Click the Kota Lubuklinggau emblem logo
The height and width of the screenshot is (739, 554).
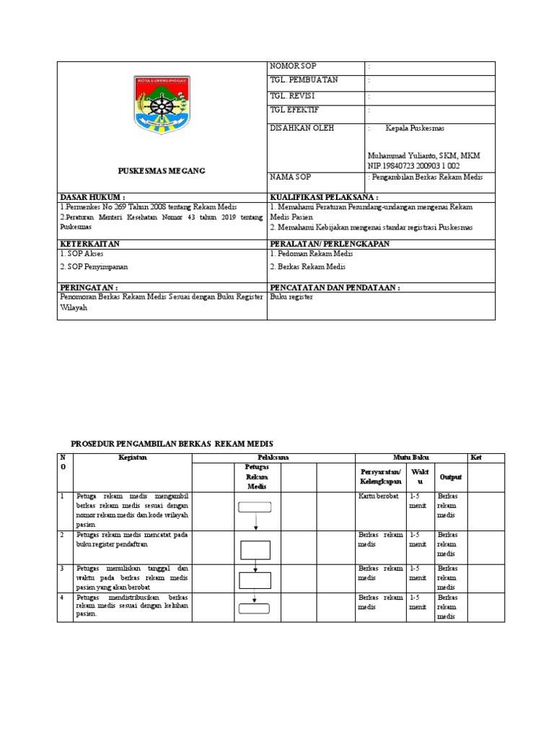(x=162, y=105)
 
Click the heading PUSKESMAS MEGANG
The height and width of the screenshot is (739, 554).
(x=162, y=170)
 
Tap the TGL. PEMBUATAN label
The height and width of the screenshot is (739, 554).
(x=304, y=80)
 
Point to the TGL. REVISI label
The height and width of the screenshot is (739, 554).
(x=292, y=95)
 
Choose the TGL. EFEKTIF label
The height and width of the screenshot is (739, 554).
(x=294, y=110)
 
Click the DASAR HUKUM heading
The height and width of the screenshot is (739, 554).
(x=92, y=196)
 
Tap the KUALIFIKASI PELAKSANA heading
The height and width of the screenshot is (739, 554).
(x=324, y=196)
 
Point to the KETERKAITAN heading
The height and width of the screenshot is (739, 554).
(x=89, y=244)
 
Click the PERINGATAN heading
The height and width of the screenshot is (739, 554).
(x=89, y=287)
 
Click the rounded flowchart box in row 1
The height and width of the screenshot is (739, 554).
(x=255, y=507)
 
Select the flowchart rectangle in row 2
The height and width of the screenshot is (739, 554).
(x=255, y=550)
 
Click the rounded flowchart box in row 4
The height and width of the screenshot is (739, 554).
(x=255, y=608)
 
